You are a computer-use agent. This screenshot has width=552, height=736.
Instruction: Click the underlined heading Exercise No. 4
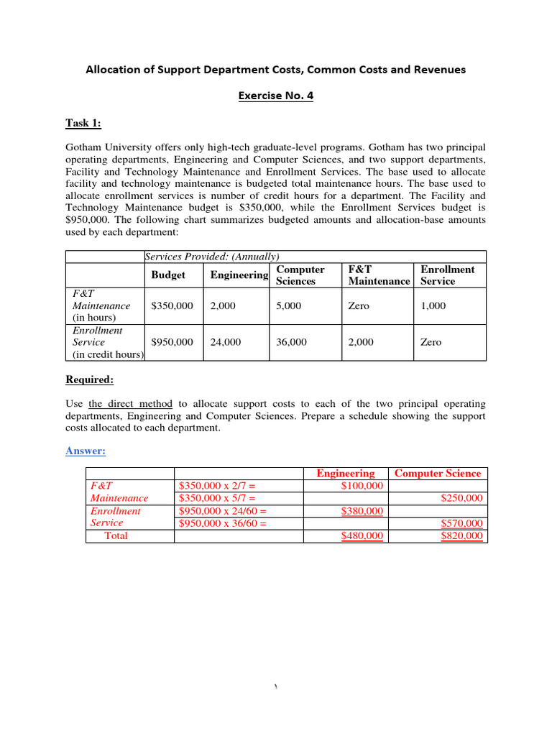click(x=276, y=96)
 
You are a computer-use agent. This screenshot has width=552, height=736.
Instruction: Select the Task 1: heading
click(x=83, y=123)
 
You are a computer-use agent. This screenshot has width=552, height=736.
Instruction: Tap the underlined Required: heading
click(x=89, y=379)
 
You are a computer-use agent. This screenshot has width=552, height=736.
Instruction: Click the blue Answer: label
click(x=86, y=451)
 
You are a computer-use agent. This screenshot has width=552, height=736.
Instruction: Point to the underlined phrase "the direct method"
click(x=132, y=404)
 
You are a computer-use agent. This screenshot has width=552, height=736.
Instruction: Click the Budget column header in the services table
click(x=168, y=275)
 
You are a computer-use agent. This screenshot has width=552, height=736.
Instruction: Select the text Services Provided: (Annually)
click(x=212, y=257)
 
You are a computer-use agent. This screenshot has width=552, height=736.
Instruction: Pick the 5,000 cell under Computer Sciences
click(x=288, y=305)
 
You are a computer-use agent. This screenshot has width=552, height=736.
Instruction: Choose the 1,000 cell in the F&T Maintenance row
click(x=433, y=305)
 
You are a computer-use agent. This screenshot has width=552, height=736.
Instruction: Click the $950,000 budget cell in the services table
click(x=172, y=342)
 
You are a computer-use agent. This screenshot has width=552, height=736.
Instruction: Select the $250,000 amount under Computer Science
click(x=461, y=498)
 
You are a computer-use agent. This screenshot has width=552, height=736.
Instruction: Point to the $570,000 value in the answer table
click(x=461, y=523)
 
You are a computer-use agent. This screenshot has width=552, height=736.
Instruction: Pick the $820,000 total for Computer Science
click(x=461, y=536)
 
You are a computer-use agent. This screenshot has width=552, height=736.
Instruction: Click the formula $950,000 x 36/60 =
click(x=222, y=523)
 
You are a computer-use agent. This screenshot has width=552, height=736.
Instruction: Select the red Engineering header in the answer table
click(x=346, y=473)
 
